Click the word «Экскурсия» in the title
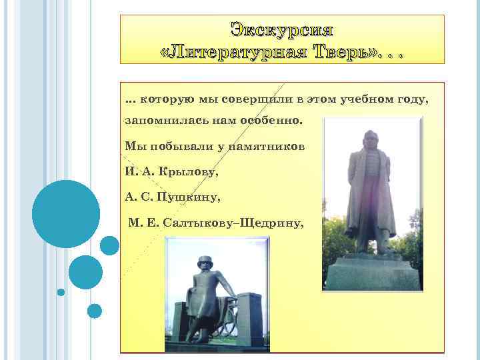point(281,30)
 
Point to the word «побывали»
point(177,145)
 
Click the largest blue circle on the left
point(66,214)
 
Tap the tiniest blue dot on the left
point(61,292)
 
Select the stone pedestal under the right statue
point(372,273)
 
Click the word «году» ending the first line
point(413,99)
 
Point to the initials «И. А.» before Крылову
point(140,171)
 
